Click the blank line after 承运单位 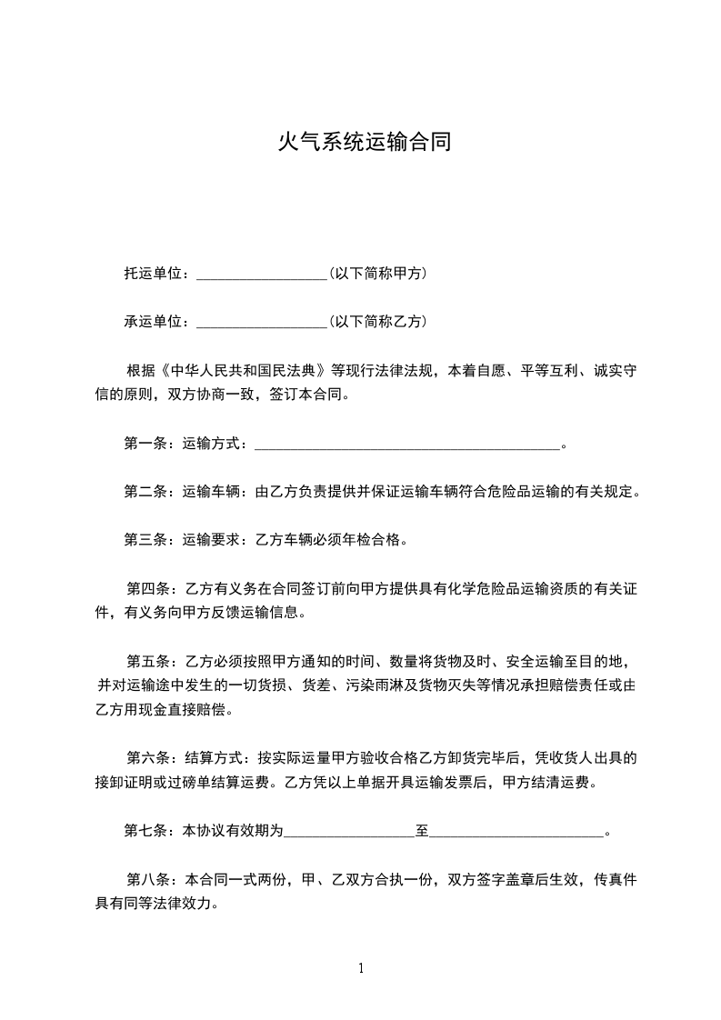(x=261, y=322)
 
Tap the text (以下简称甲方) (x=377, y=273)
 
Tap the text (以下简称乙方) (x=377, y=322)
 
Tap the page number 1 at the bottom (x=361, y=969)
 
